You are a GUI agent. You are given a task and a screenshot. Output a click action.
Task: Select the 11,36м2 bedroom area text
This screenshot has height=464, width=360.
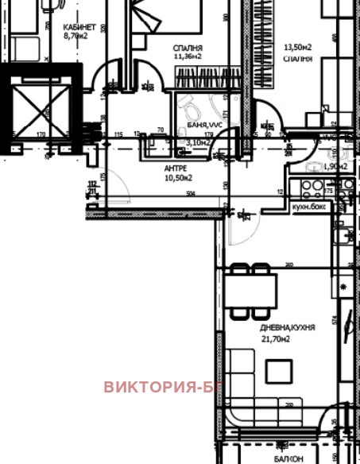(188, 57)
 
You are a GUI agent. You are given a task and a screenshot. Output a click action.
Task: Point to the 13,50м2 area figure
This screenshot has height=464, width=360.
(297, 47)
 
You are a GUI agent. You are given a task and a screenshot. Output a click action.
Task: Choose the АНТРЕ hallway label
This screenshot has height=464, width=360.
(176, 168)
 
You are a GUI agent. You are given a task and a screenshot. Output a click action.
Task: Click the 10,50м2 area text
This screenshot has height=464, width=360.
(179, 178)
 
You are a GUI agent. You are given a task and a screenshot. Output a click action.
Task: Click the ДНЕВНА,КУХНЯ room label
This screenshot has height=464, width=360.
(287, 327)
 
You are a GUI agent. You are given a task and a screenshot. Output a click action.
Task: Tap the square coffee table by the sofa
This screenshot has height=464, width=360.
(278, 372)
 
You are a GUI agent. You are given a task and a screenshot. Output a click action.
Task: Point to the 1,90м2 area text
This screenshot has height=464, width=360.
(337, 167)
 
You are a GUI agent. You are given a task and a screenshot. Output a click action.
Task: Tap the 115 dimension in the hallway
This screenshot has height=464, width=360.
(119, 135)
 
